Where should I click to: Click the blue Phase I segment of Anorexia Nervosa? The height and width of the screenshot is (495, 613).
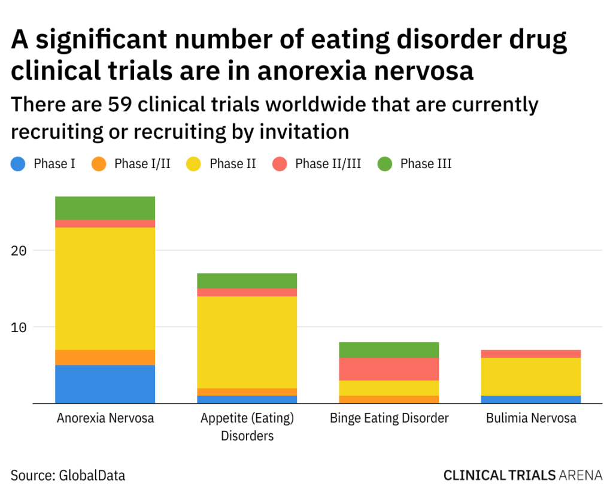105,384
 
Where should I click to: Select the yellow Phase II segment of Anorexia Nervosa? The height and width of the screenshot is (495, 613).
105,289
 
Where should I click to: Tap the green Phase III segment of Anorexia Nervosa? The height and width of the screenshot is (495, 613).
105,208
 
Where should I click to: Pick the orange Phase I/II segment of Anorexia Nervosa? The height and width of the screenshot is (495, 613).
105,357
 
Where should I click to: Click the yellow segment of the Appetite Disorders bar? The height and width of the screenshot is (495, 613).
247,342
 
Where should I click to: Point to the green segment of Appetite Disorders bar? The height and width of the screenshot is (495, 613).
247,281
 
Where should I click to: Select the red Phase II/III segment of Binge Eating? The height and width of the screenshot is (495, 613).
389,369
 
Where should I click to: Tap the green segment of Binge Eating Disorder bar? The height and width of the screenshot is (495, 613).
389,350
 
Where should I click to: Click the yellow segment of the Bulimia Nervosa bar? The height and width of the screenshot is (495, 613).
531,376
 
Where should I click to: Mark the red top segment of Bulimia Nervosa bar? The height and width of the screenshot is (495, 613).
531,354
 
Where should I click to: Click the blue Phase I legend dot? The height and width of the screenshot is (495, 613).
19,163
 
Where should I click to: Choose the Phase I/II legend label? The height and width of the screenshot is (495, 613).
142,163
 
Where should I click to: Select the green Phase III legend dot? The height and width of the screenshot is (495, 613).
385,163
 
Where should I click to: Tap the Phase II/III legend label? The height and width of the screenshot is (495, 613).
328,163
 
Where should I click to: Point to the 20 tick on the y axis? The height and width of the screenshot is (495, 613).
19,250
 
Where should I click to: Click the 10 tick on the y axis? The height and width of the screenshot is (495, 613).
19,327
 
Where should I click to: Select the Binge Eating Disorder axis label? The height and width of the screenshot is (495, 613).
389,418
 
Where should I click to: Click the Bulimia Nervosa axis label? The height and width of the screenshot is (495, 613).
531,418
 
